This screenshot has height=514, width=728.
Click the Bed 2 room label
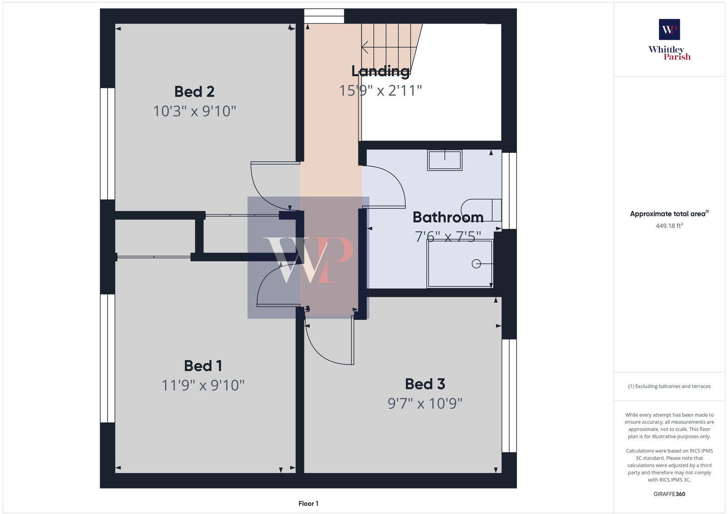click(194, 92)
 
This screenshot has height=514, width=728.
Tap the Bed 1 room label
click(203, 366)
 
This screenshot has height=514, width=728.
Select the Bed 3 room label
click(425, 384)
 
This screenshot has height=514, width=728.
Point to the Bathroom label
click(448, 217)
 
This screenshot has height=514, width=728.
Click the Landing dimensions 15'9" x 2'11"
click(380, 91)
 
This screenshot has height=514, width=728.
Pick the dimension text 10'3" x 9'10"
click(194, 111)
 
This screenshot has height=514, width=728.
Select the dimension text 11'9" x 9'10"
click(203, 385)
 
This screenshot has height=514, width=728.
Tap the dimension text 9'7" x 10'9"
click(425, 404)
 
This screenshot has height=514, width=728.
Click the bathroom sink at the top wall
click(445, 160)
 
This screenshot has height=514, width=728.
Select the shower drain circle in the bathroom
click(476, 264)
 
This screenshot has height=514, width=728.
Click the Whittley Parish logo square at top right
click(669, 30)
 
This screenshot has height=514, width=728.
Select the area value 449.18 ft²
click(669, 226)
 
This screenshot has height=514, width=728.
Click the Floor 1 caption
click(308, 504)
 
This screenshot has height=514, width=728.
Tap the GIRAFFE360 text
click(669, 494)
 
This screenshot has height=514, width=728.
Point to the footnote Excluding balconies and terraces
click(669, 386)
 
